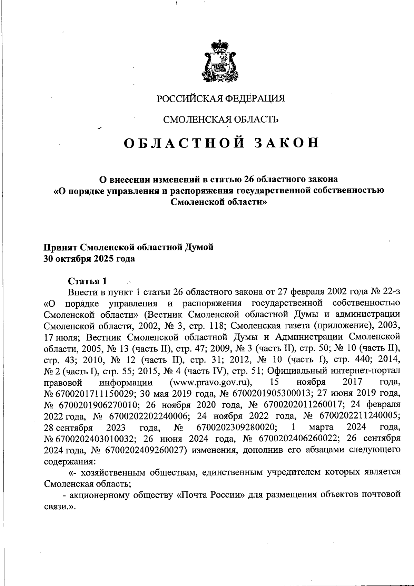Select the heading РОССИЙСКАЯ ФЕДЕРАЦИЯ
221,99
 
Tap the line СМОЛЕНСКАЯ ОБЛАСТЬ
221,119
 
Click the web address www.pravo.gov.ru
210,383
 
